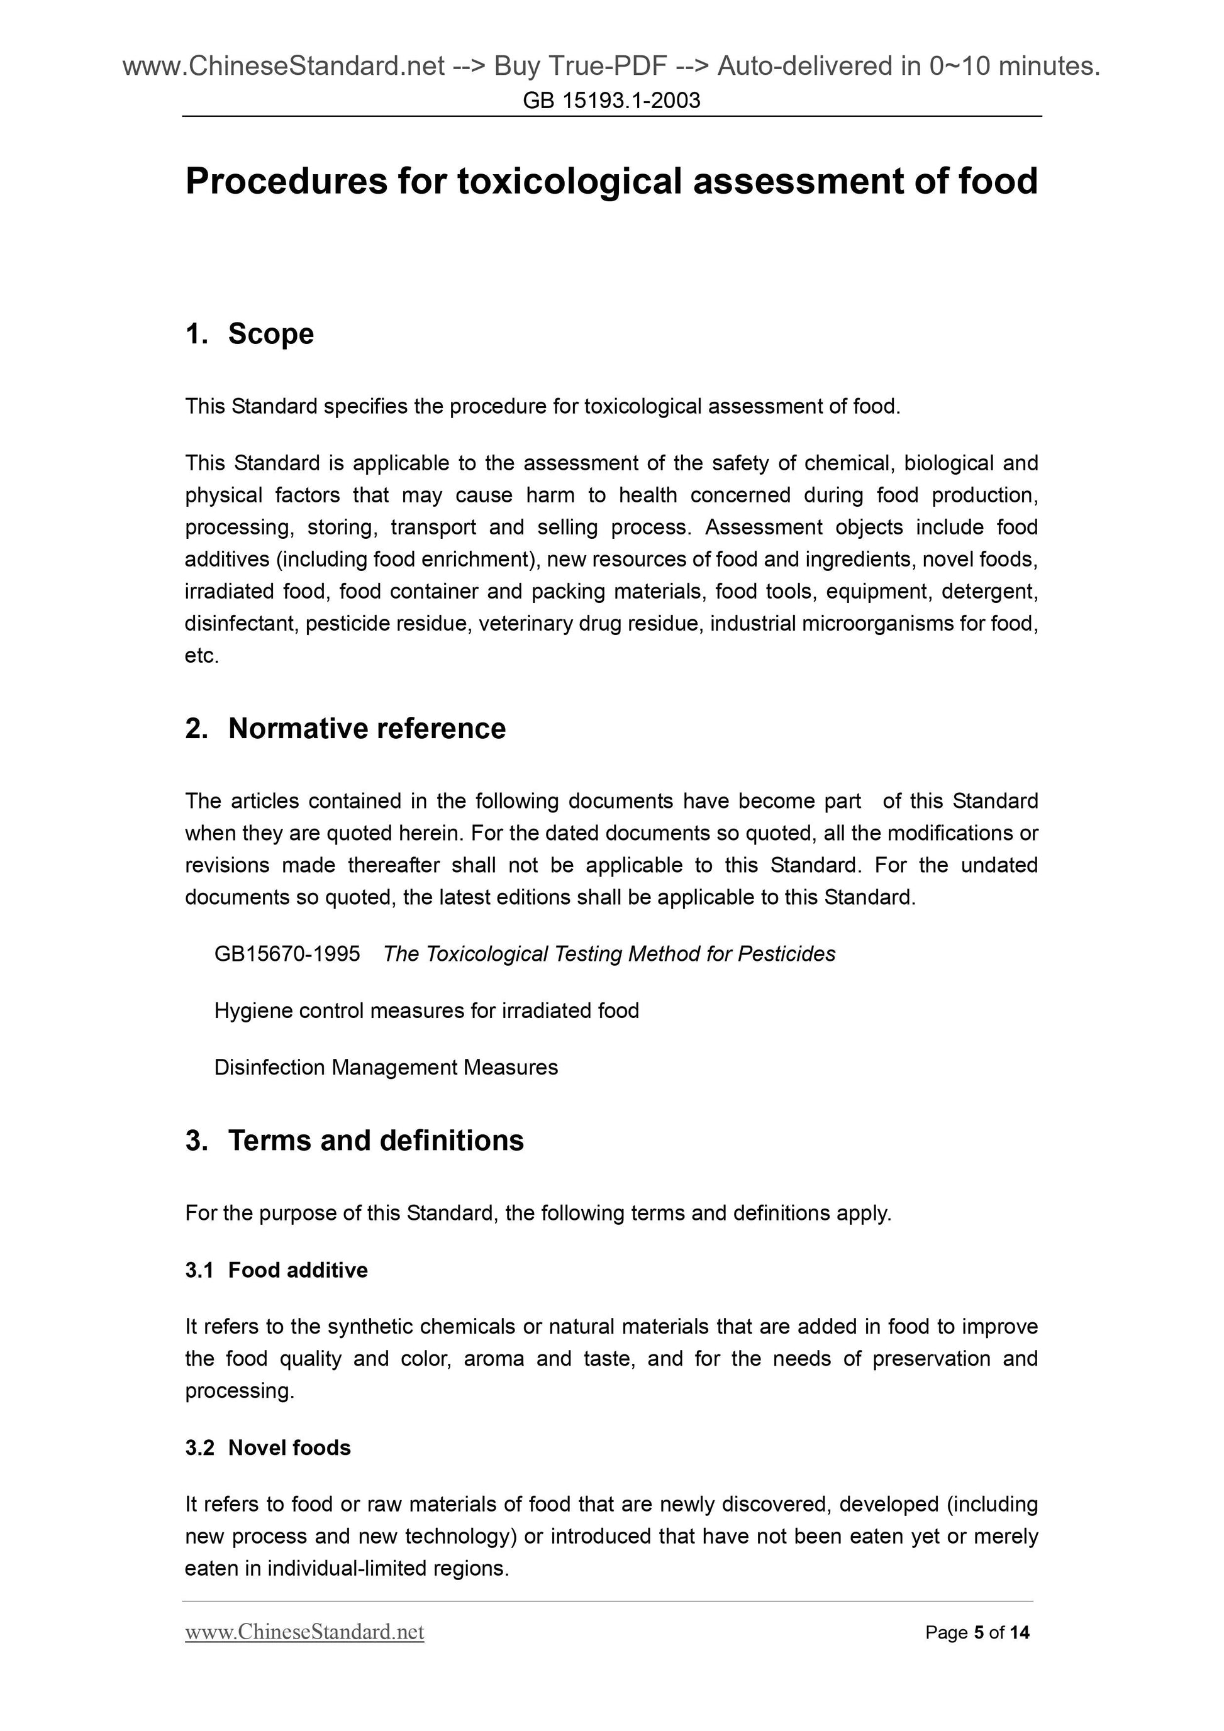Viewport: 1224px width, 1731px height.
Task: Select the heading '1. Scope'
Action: pos(250,334)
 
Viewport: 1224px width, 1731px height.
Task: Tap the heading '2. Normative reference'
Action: pos(345,728)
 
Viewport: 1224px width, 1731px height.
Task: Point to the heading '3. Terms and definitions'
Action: pos(355,1141)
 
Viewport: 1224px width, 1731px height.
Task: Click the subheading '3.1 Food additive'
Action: pos(276,1269)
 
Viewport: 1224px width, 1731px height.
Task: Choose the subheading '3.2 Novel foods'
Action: pos(268,1447)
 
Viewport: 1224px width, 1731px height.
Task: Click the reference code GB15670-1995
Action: pos(287,954)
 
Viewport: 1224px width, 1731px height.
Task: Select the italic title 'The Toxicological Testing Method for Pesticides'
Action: pos(609,954)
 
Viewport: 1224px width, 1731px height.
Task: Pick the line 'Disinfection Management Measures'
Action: pos(386,1068)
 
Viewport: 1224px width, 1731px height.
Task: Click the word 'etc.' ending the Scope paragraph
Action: pos(202,656)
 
